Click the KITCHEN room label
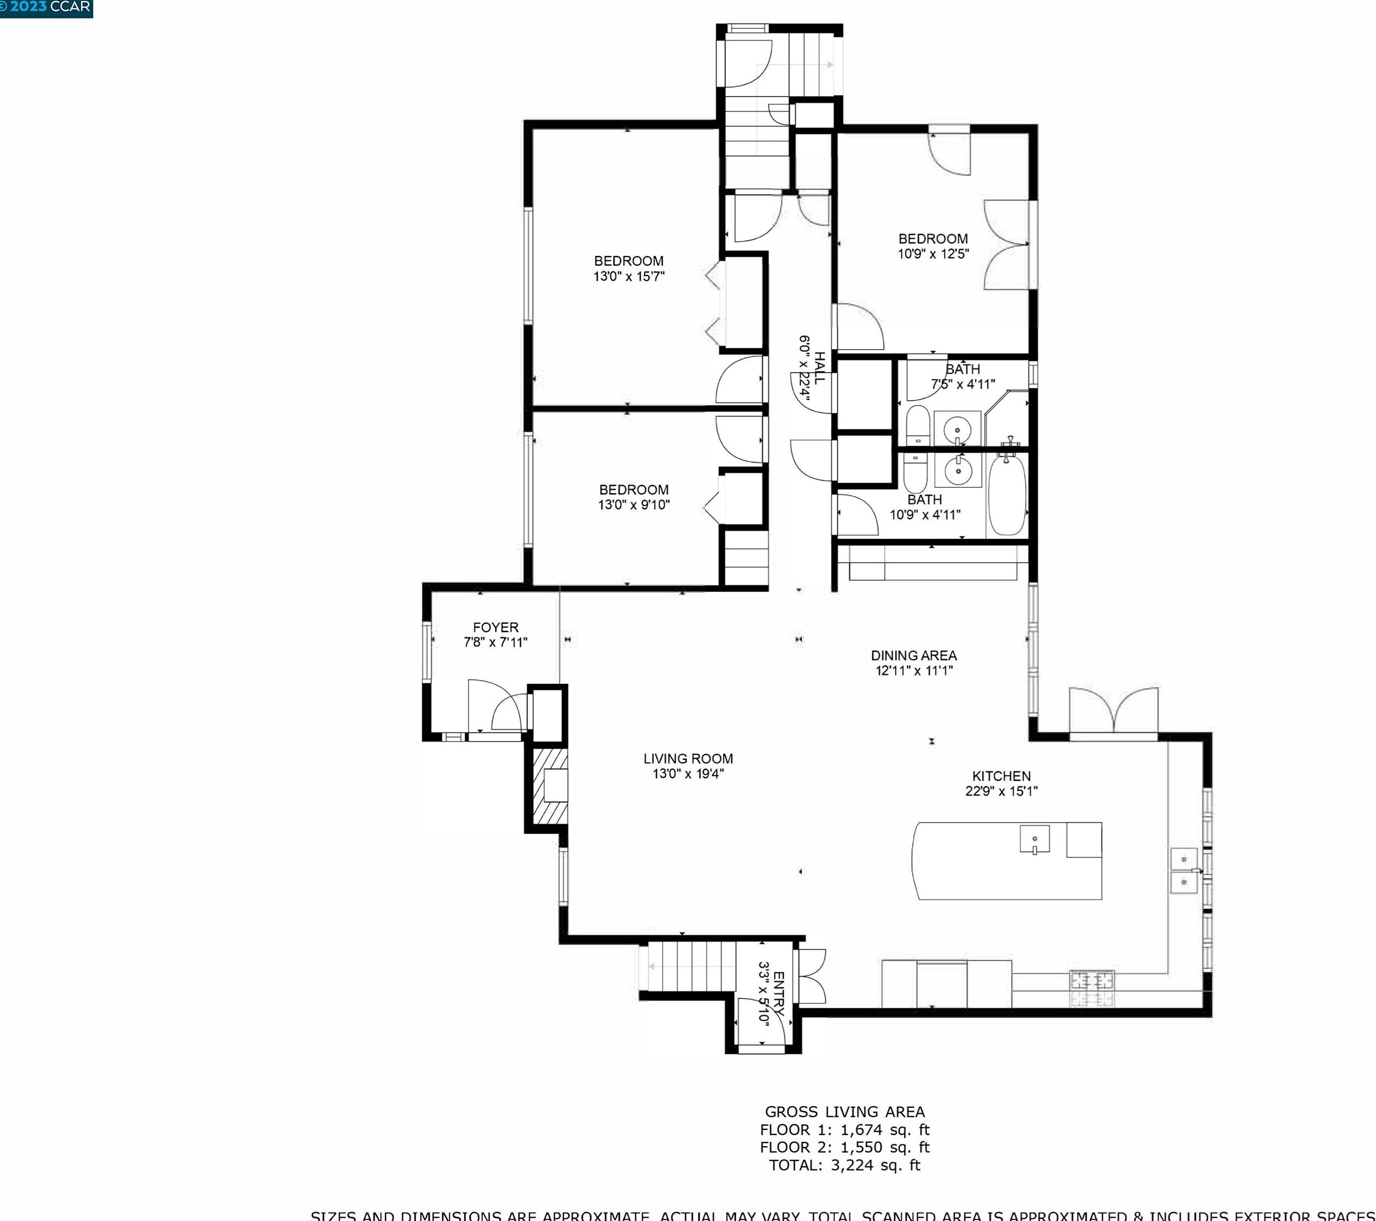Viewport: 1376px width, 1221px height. pos(1001,776)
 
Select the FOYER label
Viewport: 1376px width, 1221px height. pos(496,627)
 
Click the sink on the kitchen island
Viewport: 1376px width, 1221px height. pos(1035,839)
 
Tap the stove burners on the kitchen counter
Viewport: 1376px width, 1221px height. pos(1092,988)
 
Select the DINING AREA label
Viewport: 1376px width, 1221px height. pos(914,655)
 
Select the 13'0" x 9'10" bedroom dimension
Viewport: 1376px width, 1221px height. pos(633,505)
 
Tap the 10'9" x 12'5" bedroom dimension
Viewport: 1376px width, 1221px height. pos(933,254)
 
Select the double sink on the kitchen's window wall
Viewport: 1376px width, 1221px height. pos(1184,870)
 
